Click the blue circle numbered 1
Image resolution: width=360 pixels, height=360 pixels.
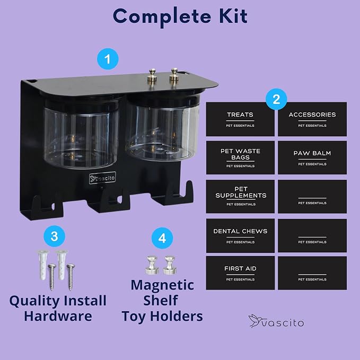click(108, 59)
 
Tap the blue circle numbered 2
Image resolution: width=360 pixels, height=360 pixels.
click(276, 99)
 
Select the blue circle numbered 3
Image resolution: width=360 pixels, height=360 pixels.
click(55, 236)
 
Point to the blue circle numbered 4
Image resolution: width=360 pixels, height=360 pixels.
click(162, 238)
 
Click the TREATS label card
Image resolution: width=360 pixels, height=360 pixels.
click(240, 119)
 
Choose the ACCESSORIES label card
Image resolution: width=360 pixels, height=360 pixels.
click(312, 119)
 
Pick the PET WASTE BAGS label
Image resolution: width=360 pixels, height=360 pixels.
click(240, 157)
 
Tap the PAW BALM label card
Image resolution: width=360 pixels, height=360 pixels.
click(312, 157)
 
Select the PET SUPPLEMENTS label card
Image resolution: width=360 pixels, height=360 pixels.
click(240, 197)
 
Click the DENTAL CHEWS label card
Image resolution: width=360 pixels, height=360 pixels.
click(240, 235)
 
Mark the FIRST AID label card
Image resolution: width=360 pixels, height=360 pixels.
click(240, 273)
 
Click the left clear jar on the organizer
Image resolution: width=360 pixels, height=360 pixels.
click(81, 132)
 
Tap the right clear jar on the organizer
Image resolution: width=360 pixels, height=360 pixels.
click(163, 127)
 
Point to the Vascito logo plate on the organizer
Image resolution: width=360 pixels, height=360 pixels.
click(102, 178)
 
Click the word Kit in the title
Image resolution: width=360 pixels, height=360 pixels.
click(233, 16)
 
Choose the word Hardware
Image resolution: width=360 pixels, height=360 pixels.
click(58, 316)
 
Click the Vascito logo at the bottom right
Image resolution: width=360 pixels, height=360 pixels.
click(276, 321)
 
